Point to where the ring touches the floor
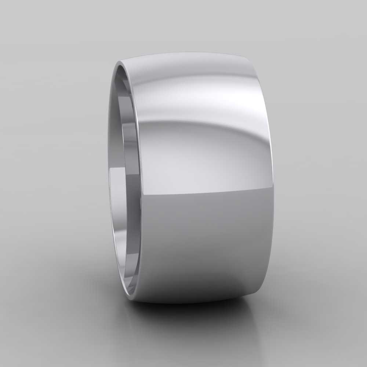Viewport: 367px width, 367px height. click(x=183, y=303)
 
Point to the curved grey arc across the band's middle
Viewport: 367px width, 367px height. click(x=191, y=125)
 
